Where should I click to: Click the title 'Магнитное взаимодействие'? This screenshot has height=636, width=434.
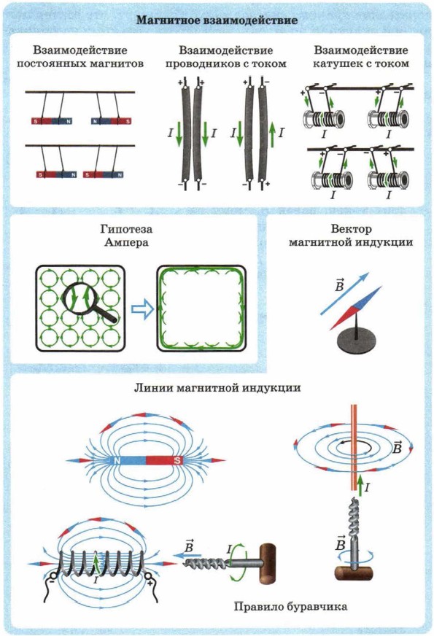[217, 20]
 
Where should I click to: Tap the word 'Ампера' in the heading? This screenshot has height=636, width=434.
[126, 243]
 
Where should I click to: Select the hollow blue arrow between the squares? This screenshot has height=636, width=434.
[142, 310]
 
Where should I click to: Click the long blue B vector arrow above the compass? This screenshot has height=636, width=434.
[344, 293]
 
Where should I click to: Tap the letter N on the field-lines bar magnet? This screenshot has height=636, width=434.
[117, 461]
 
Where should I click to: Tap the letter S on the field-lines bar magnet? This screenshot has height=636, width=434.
[177, 461]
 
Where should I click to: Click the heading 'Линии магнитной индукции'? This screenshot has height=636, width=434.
[217, 388]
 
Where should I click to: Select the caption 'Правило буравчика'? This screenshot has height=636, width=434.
[290, 607]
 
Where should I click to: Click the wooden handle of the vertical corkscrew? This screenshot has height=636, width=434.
[354, 573]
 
